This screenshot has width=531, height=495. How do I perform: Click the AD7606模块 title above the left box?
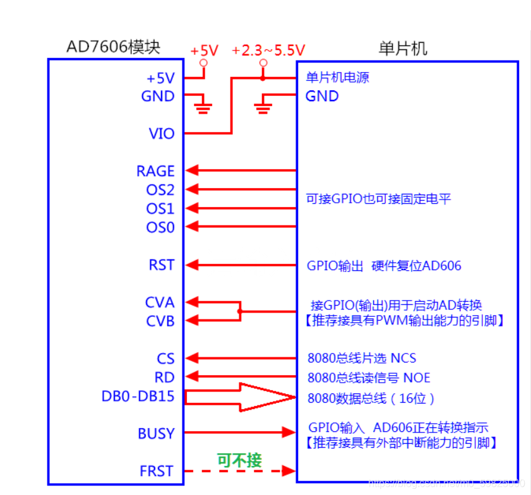click(114, 47)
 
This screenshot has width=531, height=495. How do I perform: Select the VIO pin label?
click(161, 134)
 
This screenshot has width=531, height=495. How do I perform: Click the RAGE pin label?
click(155, 171)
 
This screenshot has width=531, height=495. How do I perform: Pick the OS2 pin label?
click(160, 189)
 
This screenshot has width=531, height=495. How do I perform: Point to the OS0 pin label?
click(160, 227)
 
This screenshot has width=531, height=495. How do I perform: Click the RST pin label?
click(162, 265)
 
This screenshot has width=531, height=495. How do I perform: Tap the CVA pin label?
click(160, 302)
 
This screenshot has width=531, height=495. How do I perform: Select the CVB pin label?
click(160, 321)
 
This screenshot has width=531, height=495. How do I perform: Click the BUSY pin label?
click(156, 434)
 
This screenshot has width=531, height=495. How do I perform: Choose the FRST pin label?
click(157, 471)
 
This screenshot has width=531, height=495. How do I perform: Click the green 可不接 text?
click(239, 460)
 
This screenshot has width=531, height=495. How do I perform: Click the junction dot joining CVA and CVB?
click(241, 311)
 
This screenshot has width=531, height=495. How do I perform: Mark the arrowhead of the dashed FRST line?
click(290, 471)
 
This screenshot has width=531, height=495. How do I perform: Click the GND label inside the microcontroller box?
click(322, 96)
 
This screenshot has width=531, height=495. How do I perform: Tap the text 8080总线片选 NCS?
click(362, 359)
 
